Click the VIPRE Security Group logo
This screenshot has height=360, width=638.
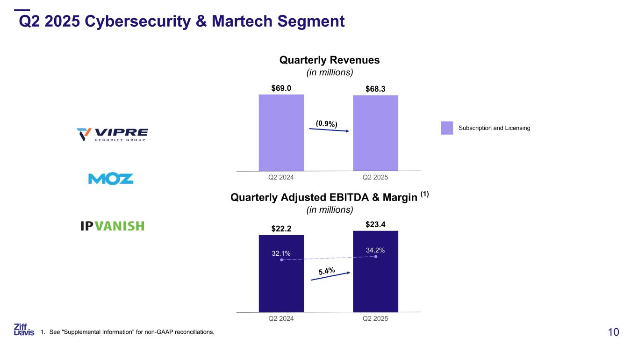[x=112, y=134]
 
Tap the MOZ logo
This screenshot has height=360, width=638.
[x=111, y=179]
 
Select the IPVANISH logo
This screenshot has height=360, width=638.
[x=112, y=226]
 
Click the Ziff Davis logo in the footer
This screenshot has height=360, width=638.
[x=24, y=329]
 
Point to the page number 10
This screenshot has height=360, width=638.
[x=613, y=332]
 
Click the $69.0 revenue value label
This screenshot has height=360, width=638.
[x=281, y=87]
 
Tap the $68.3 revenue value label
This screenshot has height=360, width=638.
[x=375, y=88]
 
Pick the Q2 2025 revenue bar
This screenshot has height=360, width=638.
[x=375, y=133]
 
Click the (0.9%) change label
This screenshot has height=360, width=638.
[x=326, y=123]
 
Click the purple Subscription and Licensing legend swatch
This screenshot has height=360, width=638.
[x=447, y=128]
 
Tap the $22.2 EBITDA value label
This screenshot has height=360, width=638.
[x=281, y=228]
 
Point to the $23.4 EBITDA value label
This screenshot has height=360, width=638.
[x=375, y=224]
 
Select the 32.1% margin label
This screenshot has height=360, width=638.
[x=281, y=253]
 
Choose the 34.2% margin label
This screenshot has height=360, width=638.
[x=375, y=250]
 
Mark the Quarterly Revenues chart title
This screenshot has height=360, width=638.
[x=329, y=60]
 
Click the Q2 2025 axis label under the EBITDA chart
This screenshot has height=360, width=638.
[x=375, y=319]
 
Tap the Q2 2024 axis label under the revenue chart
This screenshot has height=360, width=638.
[x=281, y=178]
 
